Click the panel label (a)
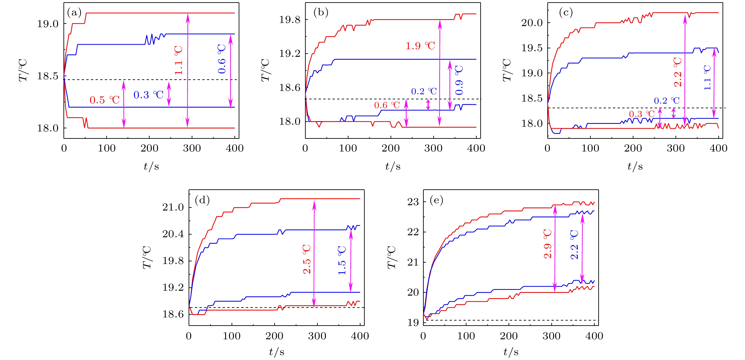[x=74, y=12]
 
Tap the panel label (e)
[x=436, y=200]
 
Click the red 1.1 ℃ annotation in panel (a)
[x=178, y=60]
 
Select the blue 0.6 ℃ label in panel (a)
[x=222, y=59]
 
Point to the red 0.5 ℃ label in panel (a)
[x=104, y=100]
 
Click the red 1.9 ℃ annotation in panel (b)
[x=420, y=46]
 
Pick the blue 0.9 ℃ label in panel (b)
[x=459, y=80]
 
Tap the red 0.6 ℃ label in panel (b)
[x=387, y=105]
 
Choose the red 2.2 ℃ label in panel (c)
[x=678, y=72]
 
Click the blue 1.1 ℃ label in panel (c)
[x=707, y=78]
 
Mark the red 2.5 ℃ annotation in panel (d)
[x=307, y=259]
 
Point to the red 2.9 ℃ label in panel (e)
[x=548, y=244]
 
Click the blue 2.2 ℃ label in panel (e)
[x=574, y=245]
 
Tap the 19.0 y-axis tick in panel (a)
[x=48, y=24]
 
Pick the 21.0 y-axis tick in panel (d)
[x=173, y=207]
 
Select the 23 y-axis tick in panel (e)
[x=413, y=202]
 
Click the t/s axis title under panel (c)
[x=635, y=166]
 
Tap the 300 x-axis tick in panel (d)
[x=317, y=336]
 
